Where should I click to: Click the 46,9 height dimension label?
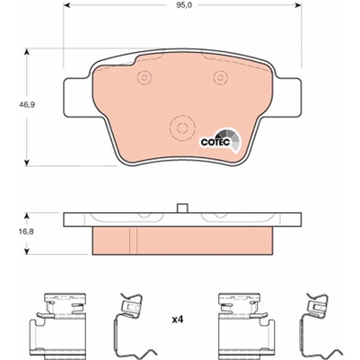[27, 105]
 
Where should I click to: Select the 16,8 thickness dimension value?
[26, 232]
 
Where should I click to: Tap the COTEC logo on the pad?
[220, 140]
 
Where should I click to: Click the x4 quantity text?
[178, 319]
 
